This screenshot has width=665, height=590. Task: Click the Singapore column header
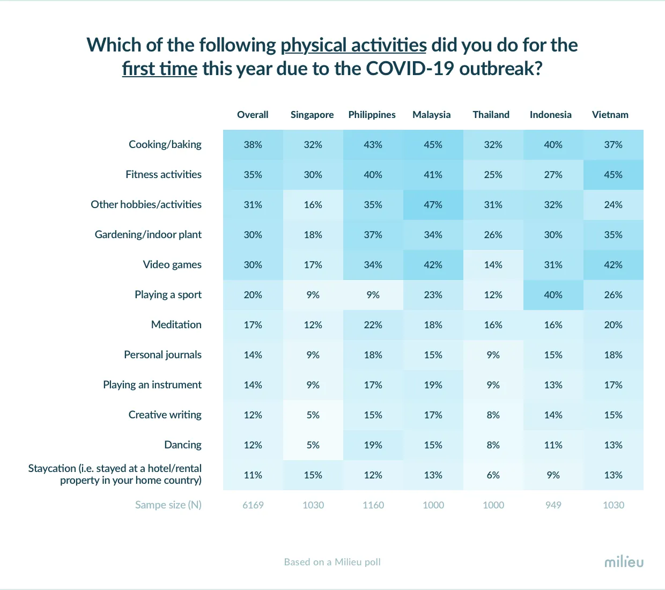(x=312, y=115)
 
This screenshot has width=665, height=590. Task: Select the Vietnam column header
(x=610, y=115)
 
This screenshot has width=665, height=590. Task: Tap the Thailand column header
(x=491, y=115)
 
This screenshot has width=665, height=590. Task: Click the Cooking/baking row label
(x=165, y=144)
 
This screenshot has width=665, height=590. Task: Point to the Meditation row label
(x=176, y=324)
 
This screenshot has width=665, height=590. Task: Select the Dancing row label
(x=183, y=445)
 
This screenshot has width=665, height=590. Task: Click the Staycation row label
(x=115, y=474)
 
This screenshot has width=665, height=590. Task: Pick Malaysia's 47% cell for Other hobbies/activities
(x=433, y=205)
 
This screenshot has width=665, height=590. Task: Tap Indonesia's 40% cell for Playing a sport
(x=553, y=295)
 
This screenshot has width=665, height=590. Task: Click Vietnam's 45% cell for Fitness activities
(x=613, y=175)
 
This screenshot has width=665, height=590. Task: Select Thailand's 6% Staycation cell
(x=493, y=475)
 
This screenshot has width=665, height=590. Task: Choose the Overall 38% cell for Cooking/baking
(x=253, y=145)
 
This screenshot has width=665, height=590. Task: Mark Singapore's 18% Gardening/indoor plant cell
(x=313, y=235)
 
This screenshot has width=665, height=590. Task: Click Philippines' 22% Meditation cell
(x=373, y=325)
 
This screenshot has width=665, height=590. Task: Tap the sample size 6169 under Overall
(x=253, y=505)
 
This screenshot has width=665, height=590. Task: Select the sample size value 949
(x=553, y=505)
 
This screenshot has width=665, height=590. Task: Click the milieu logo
(x=624, y=562)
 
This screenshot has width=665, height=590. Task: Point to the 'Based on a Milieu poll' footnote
(x=332, y=562)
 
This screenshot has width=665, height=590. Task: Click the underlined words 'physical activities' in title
(x=353, y=45)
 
